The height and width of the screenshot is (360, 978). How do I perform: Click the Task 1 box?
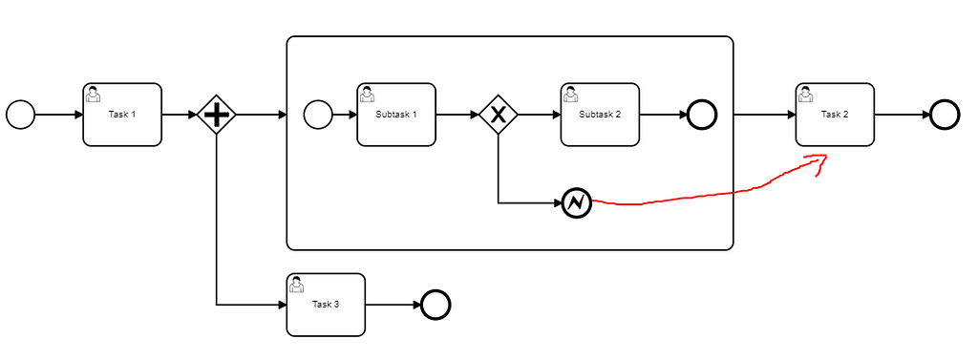tap(122, 115)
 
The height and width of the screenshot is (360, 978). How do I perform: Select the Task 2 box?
tap(835, 115)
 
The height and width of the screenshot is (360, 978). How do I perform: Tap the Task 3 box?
tap(326, 305)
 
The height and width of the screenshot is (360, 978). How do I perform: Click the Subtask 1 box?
tap(396, 115)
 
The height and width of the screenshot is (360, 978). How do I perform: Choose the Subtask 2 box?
tap(600, 115)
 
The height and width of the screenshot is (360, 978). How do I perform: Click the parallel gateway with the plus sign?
tap(217, 115)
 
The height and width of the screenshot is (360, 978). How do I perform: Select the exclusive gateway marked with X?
tap(498, 115)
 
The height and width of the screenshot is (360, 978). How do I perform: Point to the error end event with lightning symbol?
tap(577, 202)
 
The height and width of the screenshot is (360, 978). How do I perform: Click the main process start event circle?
tap(20, 115)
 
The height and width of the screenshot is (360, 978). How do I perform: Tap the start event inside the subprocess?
tap(317, 115)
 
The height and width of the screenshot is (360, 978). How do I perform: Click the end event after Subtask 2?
tap(702, 115)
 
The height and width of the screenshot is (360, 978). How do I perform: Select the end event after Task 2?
tap(944, 115)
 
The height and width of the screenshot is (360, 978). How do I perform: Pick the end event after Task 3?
tap(435, 305)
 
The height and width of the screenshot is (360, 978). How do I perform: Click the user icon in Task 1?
tap(94, 94)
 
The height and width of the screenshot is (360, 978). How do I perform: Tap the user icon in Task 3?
tap(297, 284)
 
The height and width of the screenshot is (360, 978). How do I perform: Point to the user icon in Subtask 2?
tap(571, 94)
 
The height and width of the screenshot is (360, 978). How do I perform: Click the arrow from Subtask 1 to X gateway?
tap(457, 115)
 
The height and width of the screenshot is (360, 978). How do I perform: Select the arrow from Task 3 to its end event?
tap(393, 305)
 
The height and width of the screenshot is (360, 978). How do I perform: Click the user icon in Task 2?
tap(806, 94)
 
